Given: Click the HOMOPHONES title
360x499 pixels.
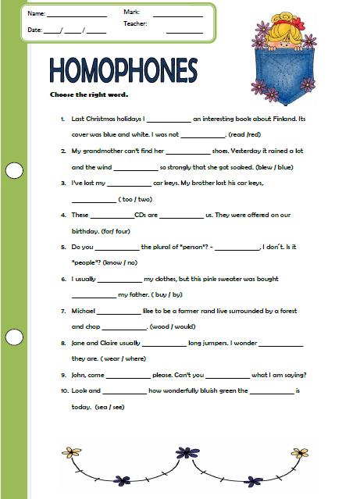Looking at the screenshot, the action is (123, 70).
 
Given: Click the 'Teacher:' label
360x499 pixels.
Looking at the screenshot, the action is (135, 24).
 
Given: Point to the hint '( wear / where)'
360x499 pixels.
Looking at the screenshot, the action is (123, 358).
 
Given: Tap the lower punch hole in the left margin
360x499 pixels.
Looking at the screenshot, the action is (14, 337).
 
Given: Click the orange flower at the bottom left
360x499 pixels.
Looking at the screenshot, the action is (72, 452).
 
